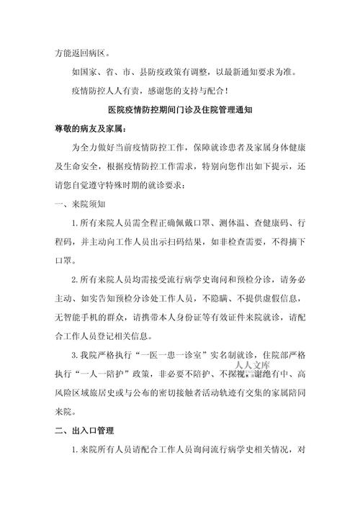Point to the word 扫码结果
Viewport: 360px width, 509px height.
click(187, 241)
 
